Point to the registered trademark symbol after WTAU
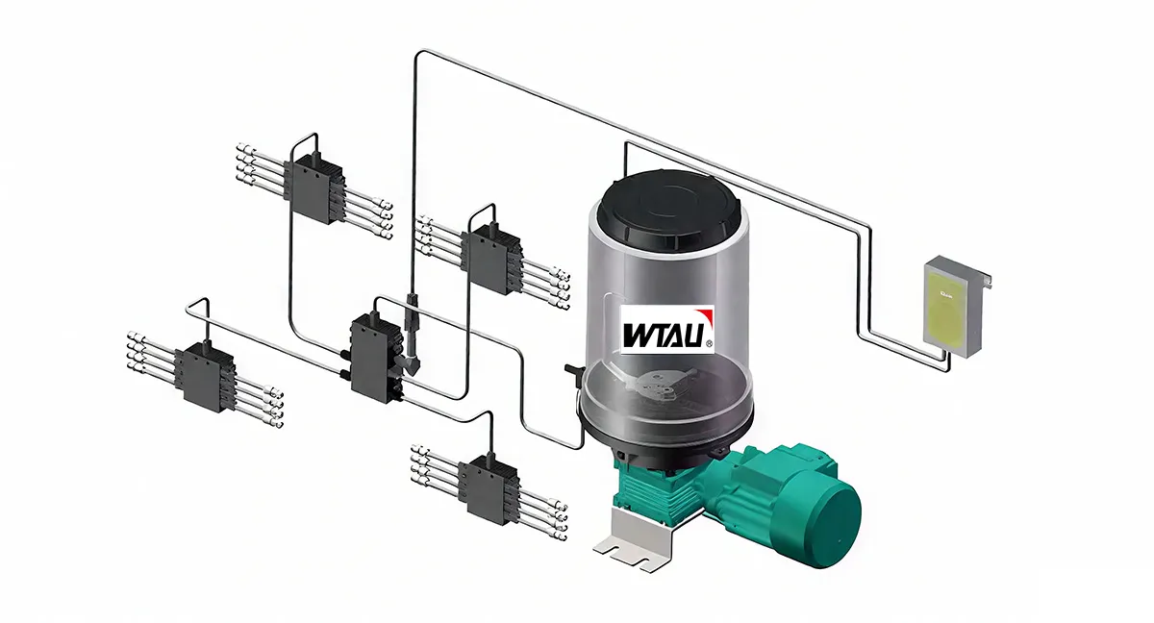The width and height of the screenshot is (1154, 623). pyautogui.click(x=709, y=342)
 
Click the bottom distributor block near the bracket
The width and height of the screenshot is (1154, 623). pyautogui.click(x=488, y=489)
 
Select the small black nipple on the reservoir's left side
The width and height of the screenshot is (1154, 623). pyautogui.click(x=568, y=367)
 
